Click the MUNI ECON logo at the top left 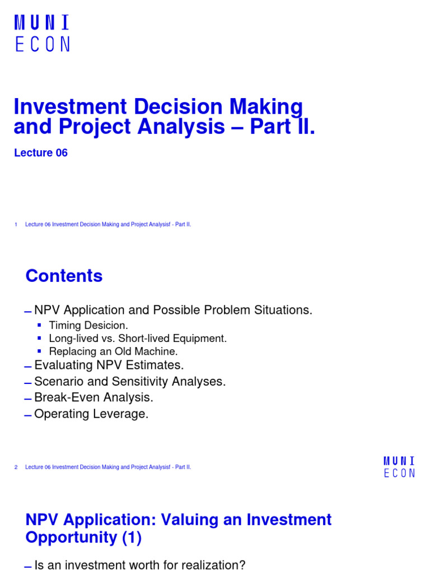[42, 34]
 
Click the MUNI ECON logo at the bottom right [399, 467]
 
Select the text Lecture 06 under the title [40, 152]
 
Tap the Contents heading [64, 276]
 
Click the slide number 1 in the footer [16, 224]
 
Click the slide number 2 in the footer [16, 467]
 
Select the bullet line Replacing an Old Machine [113, 352]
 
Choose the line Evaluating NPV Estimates [109, 365]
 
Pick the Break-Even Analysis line [94, 398]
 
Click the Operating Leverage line [91, 414]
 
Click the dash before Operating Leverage [28, 415]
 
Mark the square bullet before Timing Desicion [39, 325]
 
